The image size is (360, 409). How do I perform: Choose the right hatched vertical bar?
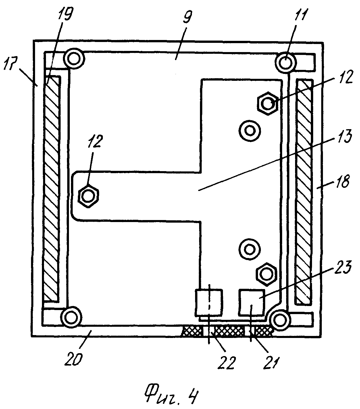tap(305, 192)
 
